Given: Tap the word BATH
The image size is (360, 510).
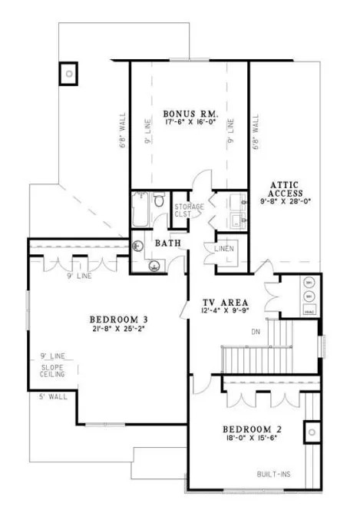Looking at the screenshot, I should pos(168,243).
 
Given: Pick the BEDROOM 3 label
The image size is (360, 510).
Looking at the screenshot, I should pos(117,320).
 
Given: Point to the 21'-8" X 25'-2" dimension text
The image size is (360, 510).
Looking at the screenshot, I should pos(117,330).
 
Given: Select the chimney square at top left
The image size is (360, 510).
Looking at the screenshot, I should pos(69,73).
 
